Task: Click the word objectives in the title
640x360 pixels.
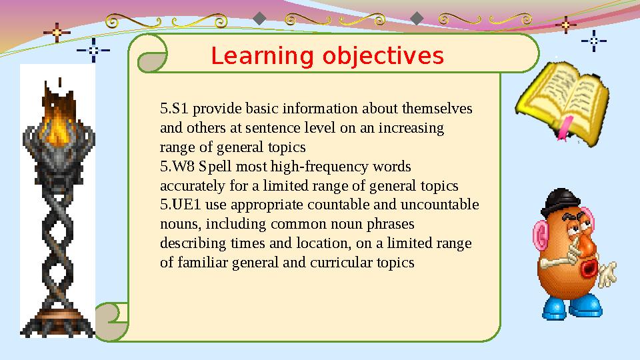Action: click(383, 57)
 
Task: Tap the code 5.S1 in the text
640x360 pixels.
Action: click(173, 109)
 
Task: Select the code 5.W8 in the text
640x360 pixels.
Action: click(176, 166)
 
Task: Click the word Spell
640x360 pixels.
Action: click(216, 166)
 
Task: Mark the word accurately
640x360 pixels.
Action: click(189, 185)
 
